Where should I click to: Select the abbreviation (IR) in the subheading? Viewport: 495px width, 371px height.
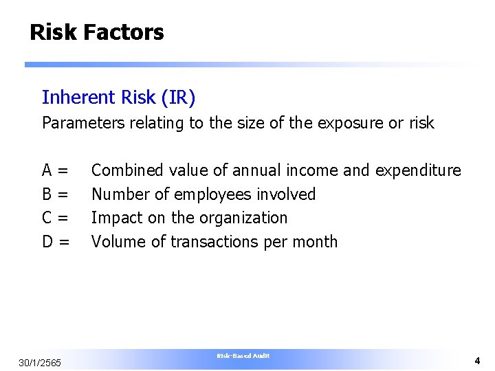178,98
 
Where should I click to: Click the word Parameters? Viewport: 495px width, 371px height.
82,124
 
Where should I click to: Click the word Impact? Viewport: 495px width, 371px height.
114,218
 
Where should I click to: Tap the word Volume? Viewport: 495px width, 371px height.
117,242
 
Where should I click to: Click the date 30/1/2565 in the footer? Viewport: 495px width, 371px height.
41,363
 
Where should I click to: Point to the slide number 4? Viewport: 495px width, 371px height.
476,361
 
